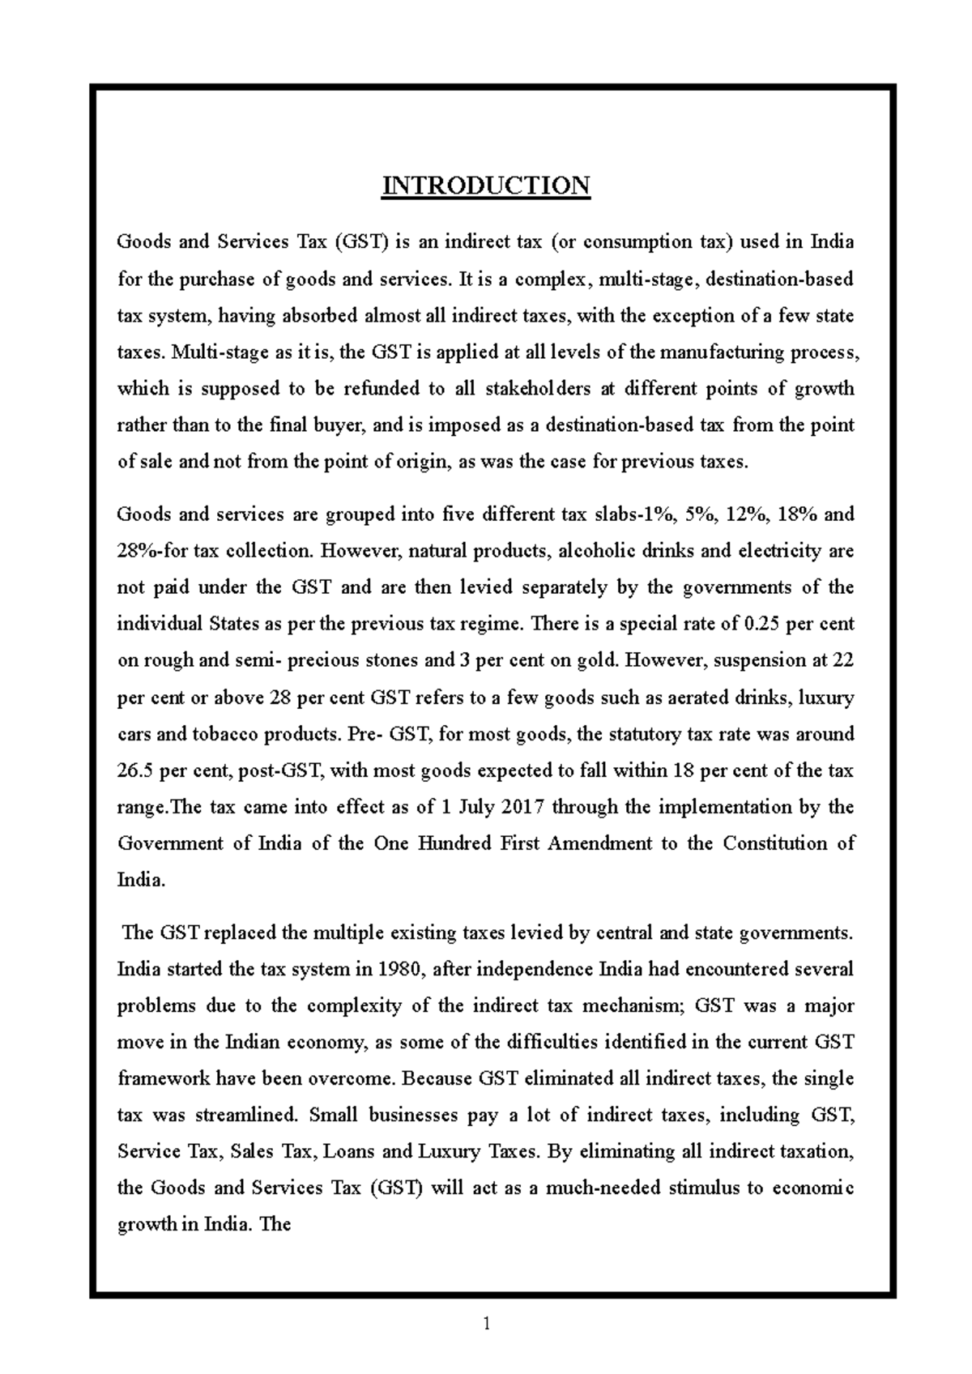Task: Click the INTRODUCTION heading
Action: pyautogui.click(x=486, y=186)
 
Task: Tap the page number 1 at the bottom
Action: pyautogui.click(x=486, y=1325)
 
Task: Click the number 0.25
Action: pyautogui.click(x=764, y=624)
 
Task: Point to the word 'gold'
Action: pyautogui.click(x=599, y=660)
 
